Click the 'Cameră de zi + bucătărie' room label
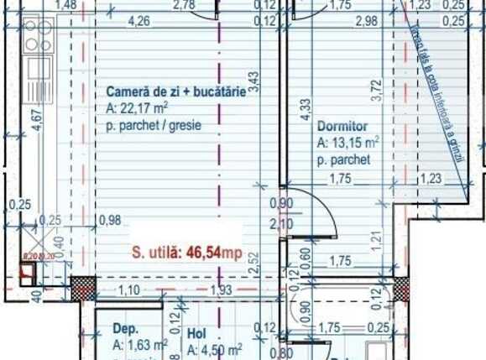pyautogui.click(x=175, y=92)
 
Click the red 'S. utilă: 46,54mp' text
pyautogui.click(x=186, y=251)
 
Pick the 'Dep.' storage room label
pyautogui.click(x=125, y=330)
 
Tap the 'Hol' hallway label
pyautogui.click(x=196, y=332)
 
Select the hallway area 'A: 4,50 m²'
pyautogui.click(x=215, y=347)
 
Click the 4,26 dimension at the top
pyautogui.click(x=140, y=21)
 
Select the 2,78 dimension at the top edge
pyautogui.click(x=182, y=6)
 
